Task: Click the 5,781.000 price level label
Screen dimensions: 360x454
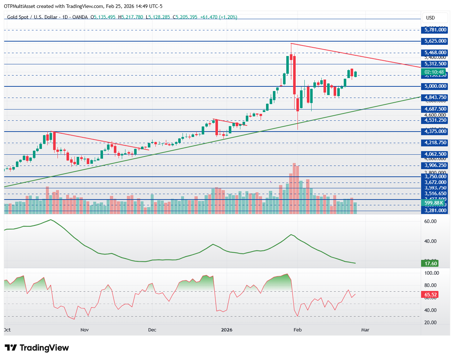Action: point(435,30)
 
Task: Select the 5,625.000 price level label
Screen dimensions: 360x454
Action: point(435,41)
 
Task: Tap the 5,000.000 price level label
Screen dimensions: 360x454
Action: point(435,86)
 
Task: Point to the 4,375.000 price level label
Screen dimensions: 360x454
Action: point(435,132)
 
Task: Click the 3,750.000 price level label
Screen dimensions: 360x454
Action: point(435,177)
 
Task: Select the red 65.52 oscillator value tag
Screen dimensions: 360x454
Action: point(431,295)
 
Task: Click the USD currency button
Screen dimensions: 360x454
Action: point(431,18)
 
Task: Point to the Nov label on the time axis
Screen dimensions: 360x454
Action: point(85,330)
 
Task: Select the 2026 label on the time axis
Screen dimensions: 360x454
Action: point(227,330)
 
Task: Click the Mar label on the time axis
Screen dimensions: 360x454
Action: point(365,330)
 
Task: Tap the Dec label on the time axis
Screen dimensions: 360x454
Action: point(152,330)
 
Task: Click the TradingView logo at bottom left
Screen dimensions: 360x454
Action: point(37,348)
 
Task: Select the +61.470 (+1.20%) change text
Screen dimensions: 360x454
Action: point(218,17)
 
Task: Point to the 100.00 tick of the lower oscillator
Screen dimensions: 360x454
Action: point(432,273)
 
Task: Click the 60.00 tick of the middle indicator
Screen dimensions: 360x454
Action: point(430,221)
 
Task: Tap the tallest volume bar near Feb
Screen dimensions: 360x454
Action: point(294,188)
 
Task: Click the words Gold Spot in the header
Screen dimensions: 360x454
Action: point(18,17)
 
